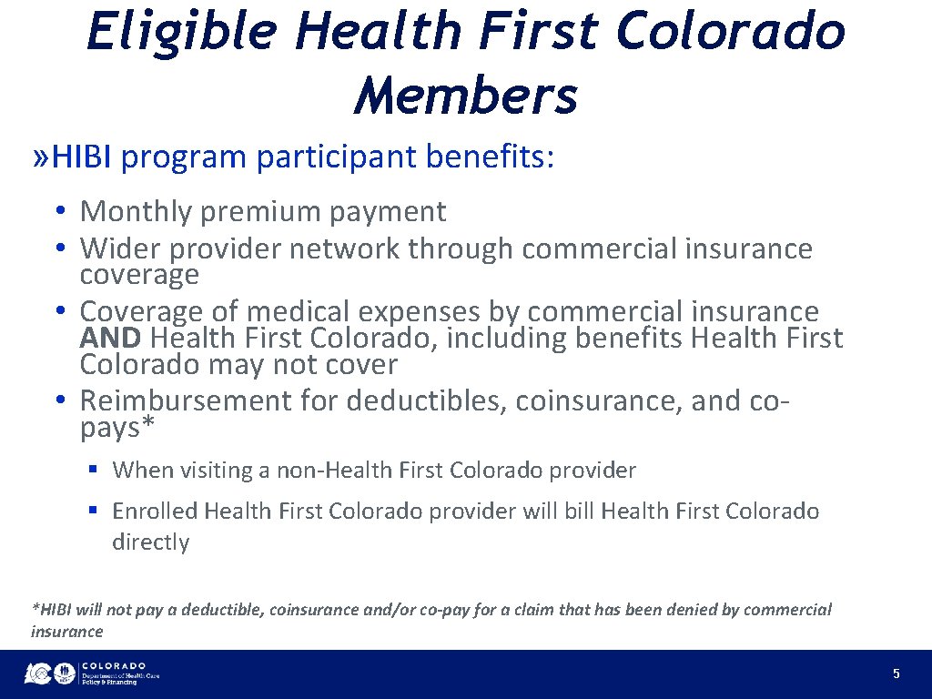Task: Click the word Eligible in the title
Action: click(181, 31)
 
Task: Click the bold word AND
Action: click(110, 339)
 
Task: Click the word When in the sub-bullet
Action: click(142, 471)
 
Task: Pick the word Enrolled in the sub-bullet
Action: click(155, 512)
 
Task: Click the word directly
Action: click(150, 542)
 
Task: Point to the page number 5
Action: click(897, 674)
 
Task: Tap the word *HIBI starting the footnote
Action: click(53, 610)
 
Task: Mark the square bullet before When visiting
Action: click(93, 471)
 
